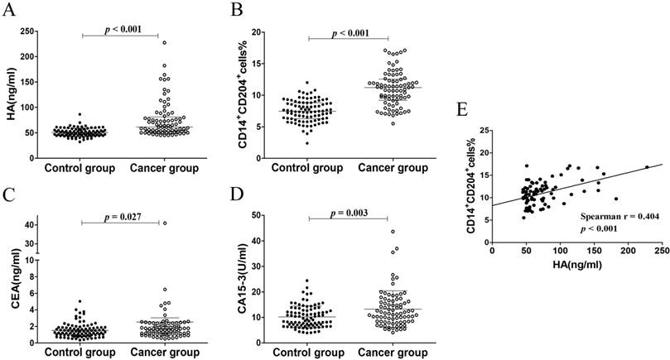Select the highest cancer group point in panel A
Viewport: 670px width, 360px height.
tap(165, 42)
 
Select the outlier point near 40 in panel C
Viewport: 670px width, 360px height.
tap(165, 223)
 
